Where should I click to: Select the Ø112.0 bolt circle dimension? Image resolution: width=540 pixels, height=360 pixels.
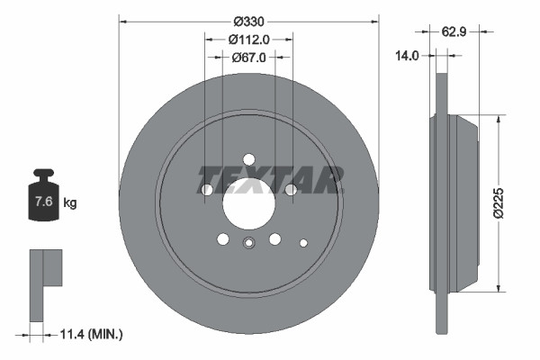pyautogui.click(x=249, y=39)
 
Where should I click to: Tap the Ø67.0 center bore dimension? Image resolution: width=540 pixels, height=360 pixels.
pyautogui.click(x=249, y=57)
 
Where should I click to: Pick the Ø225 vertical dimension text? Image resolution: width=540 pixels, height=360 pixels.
pyautogui.click(x=510, y=202)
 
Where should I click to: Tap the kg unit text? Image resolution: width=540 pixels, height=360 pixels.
pyautogui.click(x=69, y=202)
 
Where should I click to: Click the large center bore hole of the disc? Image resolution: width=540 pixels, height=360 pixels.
pyautogui.click(x=249, y=205)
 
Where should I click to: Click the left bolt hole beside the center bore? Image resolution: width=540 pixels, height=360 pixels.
pyautogui.click(x=208, y=190)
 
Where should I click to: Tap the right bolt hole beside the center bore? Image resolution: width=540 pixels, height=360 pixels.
pyautogui.click(x=290, y=190)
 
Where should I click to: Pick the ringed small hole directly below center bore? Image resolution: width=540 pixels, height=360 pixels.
pyautogui.click(x=249, y=241)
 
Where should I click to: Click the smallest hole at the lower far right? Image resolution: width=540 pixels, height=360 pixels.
pyautogui.click(x=303, y=241)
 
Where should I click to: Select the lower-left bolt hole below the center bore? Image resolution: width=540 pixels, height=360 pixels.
pyautogui.click(x=223, y=238)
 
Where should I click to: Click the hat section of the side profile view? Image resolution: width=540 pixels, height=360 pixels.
pyautogui.click(x=457, y=202)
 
